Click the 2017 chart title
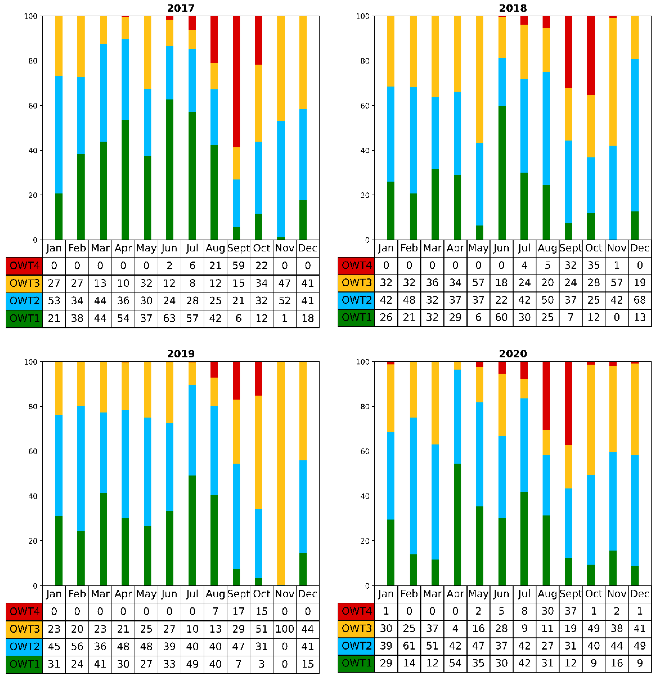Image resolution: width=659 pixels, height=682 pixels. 181,8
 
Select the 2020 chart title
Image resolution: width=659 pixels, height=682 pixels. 513,354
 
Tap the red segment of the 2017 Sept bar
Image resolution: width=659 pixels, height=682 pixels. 237,80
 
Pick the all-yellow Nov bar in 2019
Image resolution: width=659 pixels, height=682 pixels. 281,473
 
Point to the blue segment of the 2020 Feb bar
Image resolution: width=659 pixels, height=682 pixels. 413,485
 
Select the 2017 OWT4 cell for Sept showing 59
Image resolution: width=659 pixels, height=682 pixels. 238,266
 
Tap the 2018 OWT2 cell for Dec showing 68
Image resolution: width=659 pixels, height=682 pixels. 640,300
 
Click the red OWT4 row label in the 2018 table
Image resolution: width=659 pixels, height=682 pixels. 356,265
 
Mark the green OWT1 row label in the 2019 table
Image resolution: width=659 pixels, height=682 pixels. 24,664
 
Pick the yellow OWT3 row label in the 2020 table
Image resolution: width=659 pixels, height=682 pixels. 356,628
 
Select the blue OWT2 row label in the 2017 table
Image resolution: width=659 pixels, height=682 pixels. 24,301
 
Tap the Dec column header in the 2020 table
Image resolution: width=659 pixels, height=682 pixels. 640,594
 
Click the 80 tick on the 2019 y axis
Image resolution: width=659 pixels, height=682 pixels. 33,406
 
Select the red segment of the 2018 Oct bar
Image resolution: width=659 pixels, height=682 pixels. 591,56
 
